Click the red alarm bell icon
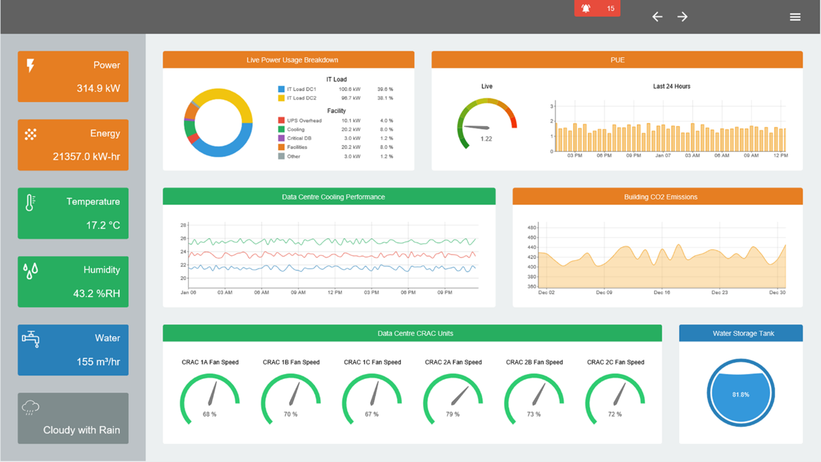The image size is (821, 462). [586, 8]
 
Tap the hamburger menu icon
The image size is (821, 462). [795, 17]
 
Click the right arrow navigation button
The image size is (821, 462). [683, 17]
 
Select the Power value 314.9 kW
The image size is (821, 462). [98, 88]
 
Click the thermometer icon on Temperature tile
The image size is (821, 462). [30, 203]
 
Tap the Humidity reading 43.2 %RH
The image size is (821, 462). [97, 293]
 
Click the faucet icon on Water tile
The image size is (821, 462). [30, 339]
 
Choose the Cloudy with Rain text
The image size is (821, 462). [82, 430]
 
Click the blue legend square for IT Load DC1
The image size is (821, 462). [281, 89]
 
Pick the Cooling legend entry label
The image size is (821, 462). [296, 129]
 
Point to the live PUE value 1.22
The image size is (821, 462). [487, 139]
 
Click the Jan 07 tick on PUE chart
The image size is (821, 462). [663, 156]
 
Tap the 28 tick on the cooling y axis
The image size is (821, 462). [183, 225]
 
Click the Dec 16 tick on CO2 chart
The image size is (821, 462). [662, 293]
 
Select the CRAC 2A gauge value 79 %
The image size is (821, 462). [453, 414]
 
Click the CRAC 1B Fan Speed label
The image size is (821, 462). [291, 362]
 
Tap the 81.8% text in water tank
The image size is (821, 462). [741, 395]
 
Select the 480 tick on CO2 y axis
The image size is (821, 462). [532, 228]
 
